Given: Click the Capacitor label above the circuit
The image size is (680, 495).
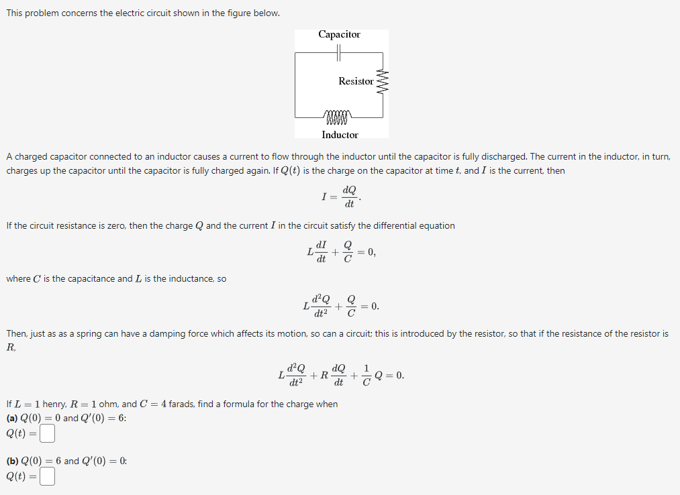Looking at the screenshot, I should click(339, 34).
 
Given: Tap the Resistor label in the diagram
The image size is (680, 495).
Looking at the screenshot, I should click(356, 81).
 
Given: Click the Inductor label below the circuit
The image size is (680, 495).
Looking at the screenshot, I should click(340, 135).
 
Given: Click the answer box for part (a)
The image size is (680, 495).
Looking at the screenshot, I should click(46, 434).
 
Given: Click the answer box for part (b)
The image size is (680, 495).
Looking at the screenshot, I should click(46, 477).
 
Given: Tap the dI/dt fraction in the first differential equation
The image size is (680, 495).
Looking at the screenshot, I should click(322, 252).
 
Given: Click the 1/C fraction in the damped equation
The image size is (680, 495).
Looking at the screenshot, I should click(367, 376).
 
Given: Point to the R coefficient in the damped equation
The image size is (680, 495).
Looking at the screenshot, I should click(324, 376).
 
